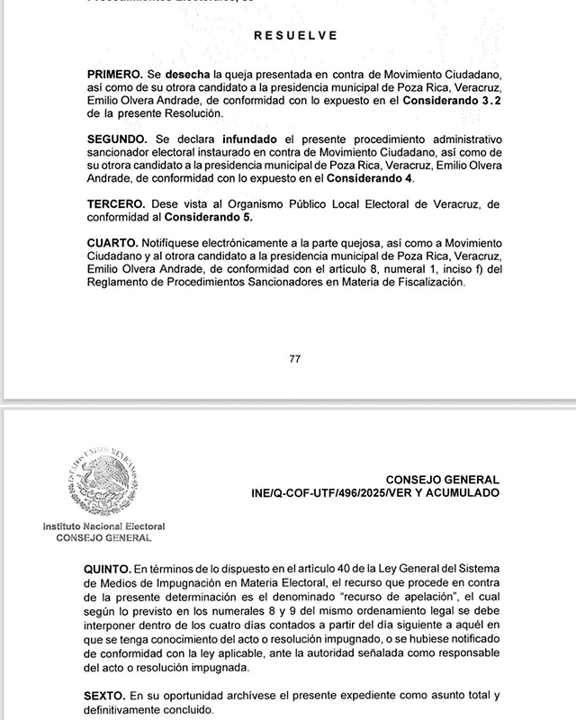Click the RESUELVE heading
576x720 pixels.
[x=296, y=36]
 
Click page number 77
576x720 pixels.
[x=295, y=358]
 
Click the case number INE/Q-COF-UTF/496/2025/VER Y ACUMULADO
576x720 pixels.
[x=375, y=494]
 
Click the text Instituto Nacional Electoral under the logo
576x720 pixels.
[x=103, y=526]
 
